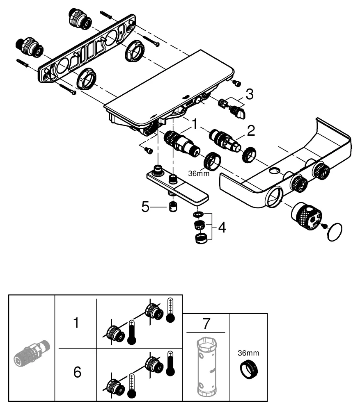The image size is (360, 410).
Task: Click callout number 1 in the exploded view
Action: tap(195, 123)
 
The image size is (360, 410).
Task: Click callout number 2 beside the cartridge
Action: tap(250, 131)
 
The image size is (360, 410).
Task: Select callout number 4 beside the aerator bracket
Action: tap(222, 227)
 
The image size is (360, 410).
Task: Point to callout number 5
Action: tap(146, 207)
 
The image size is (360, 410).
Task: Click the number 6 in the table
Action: tap(77, 373)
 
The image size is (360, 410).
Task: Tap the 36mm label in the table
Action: tap(249, 353)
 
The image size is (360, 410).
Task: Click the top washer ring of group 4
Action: tap(198, 214)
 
